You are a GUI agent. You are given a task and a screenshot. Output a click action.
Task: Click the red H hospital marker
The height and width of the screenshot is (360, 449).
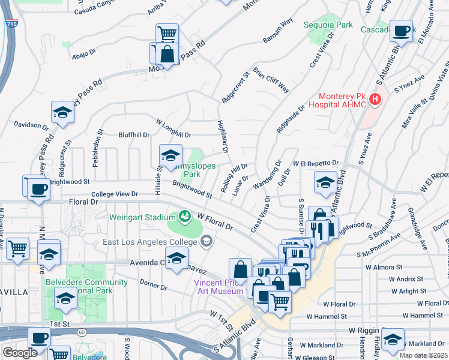coord(376,99)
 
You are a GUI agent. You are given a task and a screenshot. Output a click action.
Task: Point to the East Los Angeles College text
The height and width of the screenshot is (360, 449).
coord(149,242)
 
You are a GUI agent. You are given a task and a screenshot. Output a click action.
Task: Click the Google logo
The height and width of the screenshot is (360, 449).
coord(20,353)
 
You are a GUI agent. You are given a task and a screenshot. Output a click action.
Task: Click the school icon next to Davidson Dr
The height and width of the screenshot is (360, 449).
coord(62,113)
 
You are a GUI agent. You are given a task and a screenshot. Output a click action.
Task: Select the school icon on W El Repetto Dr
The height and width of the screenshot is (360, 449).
coord(325,182)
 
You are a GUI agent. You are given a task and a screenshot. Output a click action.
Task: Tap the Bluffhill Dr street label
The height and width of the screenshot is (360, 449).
coord(134,135)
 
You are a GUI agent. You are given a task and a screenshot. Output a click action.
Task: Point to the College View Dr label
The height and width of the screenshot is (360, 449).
coord(115,194)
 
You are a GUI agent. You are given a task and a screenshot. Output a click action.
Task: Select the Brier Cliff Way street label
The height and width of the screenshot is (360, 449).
coord(271,80)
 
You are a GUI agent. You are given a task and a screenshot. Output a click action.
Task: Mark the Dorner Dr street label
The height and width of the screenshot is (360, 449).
coord(152,284)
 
